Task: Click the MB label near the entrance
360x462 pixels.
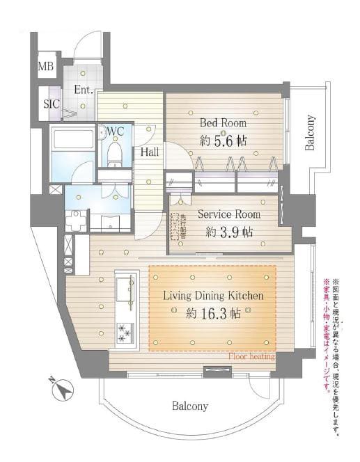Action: point(45,67)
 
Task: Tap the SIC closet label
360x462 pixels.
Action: point(52,104)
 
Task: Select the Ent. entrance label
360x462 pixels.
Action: point(84,90)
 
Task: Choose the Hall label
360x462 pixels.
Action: point(149,151)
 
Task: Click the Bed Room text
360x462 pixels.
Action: point(223,123)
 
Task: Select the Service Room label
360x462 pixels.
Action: point(229,214)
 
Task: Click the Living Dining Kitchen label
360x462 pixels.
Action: point(213,296)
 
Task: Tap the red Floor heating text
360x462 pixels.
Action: point(251,356)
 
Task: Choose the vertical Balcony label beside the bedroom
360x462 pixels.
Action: point(309,132)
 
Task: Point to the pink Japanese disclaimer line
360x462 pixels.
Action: point(326,334)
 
